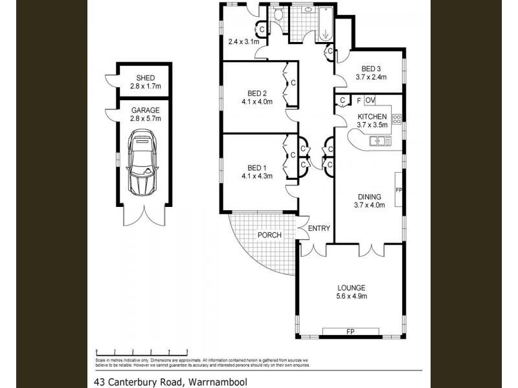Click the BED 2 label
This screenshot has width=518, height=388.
(x=257, y=92)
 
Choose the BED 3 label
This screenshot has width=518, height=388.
(x=371, y=69)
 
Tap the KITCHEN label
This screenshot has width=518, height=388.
(x=372, y=116)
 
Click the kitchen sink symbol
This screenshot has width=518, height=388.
(x=377, y=140)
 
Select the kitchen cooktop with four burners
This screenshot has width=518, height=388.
(x=397, y=118)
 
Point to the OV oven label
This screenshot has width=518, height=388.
(x=370, y=100)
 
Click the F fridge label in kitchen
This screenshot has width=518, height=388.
(x=358, y=100)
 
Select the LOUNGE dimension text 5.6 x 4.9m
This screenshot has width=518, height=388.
(x=352, y=297)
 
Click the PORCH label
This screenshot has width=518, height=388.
(x=269, y=235)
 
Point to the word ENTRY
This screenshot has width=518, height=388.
(x=319, y=228)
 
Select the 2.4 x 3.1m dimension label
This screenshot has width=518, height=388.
(x=243, y=42)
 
